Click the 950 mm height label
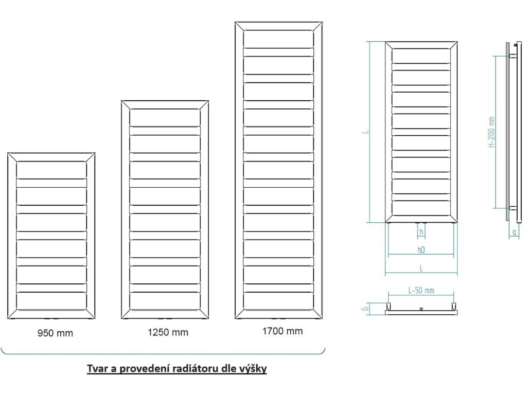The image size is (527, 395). click(x=55, y=333)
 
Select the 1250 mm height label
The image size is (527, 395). click(x=168, y=332)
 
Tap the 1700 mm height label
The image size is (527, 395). click(x=283, y=331)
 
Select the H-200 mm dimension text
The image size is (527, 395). click(x=491, y=132)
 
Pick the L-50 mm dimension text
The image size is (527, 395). click(x=421, y=291)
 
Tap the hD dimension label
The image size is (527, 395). click(x=421, y=250)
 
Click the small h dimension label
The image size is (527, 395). click(x=421, y=232)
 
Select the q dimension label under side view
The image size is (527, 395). click(x=515, y=233)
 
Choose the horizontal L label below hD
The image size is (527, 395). click(x=421, y=268)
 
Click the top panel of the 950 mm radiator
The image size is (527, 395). click(x=51, y=169)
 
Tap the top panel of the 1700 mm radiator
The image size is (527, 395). click(x=278, y=39)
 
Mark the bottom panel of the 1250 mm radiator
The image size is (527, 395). click(x=165, y=301)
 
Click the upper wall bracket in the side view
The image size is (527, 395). click(x=513, y=55)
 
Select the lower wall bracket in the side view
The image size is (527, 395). click(x=513, y=208)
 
